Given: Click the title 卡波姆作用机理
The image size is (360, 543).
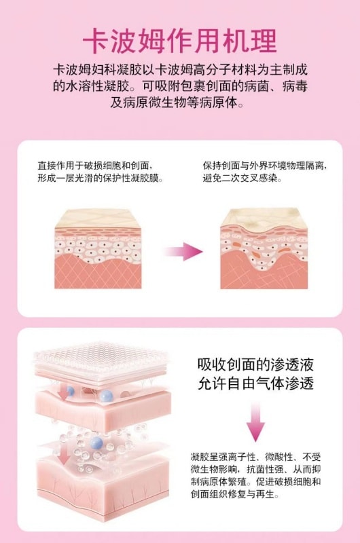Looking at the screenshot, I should coord(179,42).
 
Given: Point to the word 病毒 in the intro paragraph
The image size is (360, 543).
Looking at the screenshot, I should coord(290,87).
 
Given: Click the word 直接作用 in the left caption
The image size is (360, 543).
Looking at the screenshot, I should coord(56,166).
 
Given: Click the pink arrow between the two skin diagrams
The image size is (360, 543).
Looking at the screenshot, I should coord(183,252).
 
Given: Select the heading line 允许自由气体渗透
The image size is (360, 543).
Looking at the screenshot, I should coord(255,383).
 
